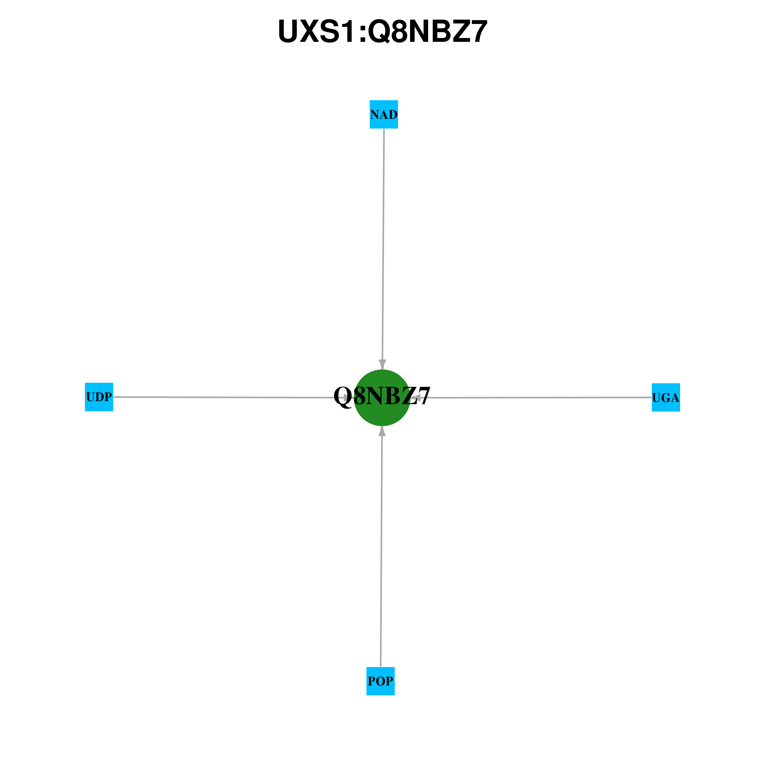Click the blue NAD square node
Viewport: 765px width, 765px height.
pos(384,114)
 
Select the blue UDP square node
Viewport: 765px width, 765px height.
pos(99,397)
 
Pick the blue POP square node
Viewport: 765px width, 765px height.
pos(380,681)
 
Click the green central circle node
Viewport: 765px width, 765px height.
pos(382,398)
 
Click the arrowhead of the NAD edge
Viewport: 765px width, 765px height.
pos(382,365)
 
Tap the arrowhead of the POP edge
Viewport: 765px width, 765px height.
pos(382,431)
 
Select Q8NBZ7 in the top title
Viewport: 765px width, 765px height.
pos(428,31)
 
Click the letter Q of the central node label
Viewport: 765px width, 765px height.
pos(343,396)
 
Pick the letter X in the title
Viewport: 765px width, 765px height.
pos(310,31)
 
